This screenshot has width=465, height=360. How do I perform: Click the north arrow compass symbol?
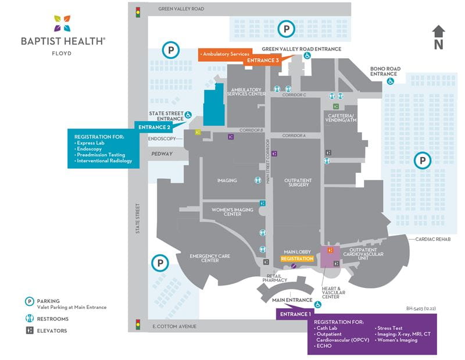coord(439,36)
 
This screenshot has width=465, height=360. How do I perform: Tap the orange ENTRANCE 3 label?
coord(263,60)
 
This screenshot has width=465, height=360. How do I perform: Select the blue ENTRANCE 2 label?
coord(153,127)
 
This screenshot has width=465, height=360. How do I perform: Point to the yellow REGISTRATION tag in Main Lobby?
coord(297,258)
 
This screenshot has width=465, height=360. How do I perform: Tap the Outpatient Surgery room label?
coord(298,183)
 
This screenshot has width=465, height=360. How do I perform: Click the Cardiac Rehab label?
coord(433,239)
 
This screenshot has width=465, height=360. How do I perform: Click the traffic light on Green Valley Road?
coord(138,11)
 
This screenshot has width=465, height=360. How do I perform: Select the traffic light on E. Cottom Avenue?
coord(138,324)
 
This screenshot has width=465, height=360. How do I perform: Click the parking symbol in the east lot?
coord(423,159)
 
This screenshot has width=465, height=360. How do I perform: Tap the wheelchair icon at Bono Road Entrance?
coord(391,81)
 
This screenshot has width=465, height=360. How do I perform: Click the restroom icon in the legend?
coord(28,319)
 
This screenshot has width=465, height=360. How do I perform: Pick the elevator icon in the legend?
coord(28,330)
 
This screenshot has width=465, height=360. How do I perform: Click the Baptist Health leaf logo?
coord(63,24)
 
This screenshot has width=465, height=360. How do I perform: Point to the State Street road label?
coord(138,218)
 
